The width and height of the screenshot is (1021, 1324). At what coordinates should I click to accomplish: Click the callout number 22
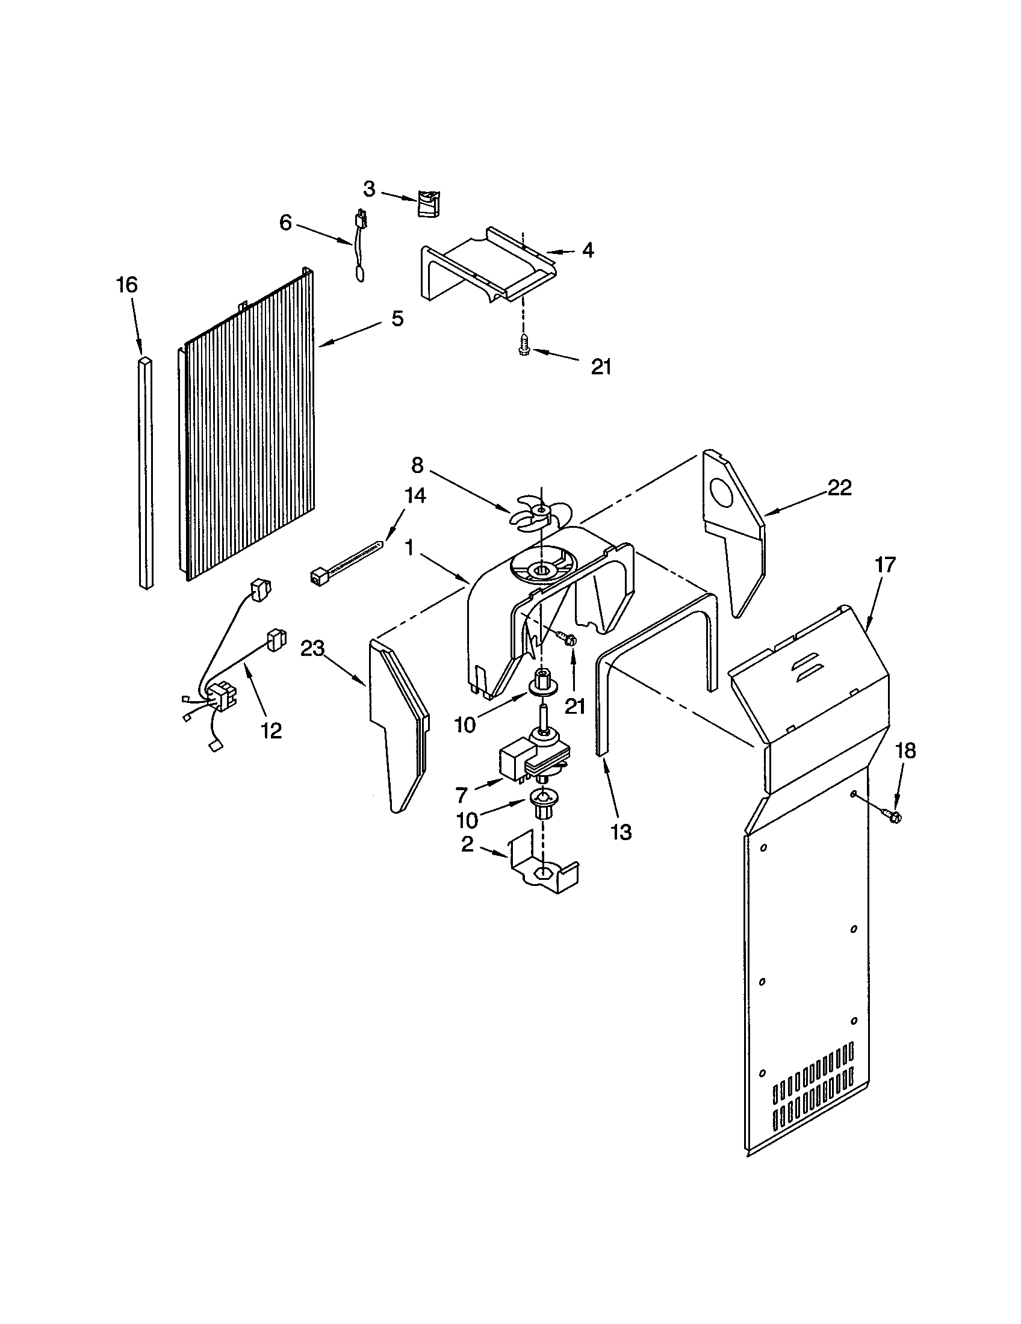(840, 487)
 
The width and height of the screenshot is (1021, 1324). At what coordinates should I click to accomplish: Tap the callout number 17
(885, 565)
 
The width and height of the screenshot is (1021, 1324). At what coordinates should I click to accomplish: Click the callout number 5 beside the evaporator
(397, 318)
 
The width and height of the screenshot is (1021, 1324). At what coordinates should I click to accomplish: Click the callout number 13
(621, 832)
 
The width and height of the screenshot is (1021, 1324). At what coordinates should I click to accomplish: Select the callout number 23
(314, 649)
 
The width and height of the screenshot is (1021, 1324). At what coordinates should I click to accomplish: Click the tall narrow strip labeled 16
(145, 473)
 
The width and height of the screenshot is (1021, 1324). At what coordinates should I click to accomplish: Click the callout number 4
(588, 250)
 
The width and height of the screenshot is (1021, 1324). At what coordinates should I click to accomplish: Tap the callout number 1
(409, 548)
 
